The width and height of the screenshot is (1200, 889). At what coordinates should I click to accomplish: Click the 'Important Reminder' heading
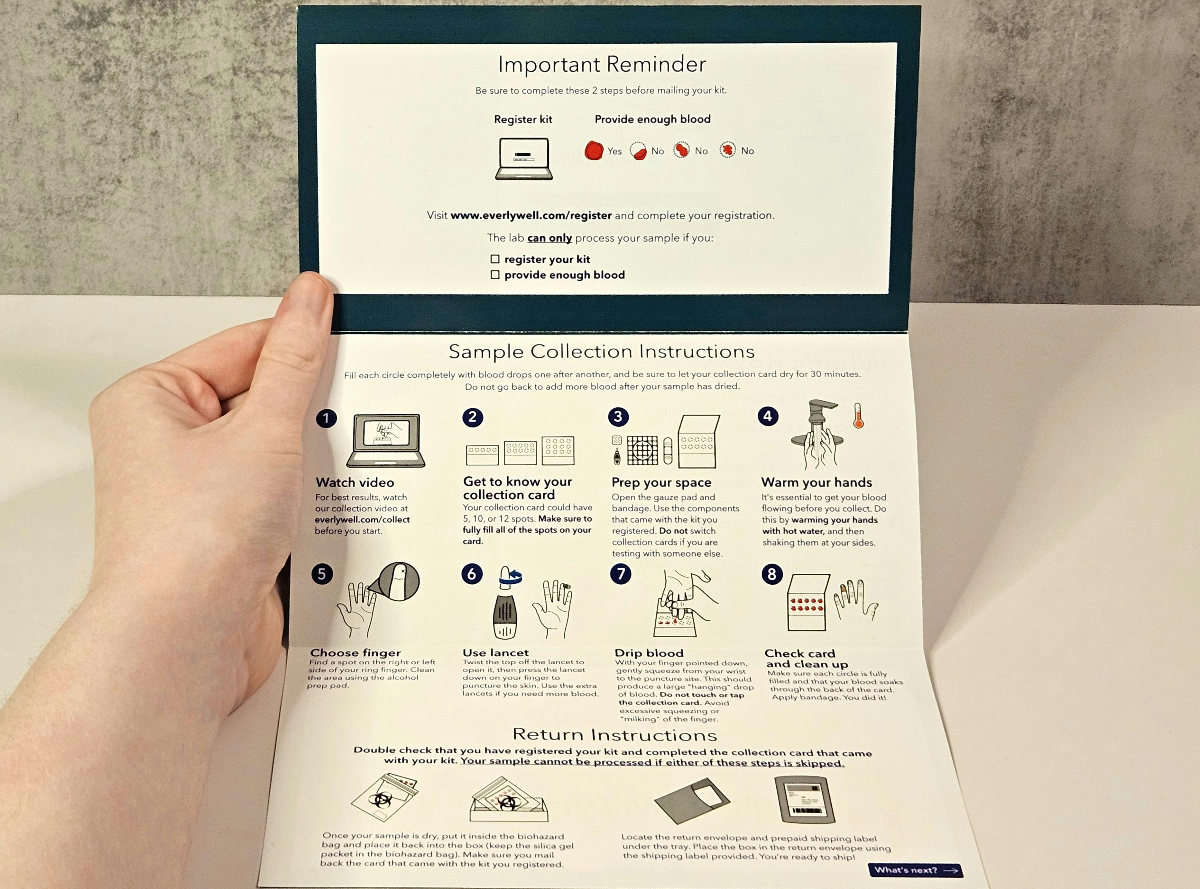(602, 65)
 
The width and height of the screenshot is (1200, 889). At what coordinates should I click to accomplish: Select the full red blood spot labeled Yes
(594, 151)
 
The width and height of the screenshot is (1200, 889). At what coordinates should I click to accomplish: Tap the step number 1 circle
(326, 418)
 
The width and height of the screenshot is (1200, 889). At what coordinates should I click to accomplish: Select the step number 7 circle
(621, 574)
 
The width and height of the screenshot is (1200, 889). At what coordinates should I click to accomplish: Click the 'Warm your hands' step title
(816, 482)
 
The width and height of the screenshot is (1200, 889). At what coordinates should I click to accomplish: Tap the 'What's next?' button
(915, 870)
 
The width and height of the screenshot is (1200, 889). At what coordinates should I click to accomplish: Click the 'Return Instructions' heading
(614, 734)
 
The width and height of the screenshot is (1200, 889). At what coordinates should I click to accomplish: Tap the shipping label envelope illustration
(805, 800)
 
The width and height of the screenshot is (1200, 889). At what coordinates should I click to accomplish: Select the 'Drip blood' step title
(649, 653)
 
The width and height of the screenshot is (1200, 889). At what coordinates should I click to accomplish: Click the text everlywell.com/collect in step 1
(362, 520)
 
